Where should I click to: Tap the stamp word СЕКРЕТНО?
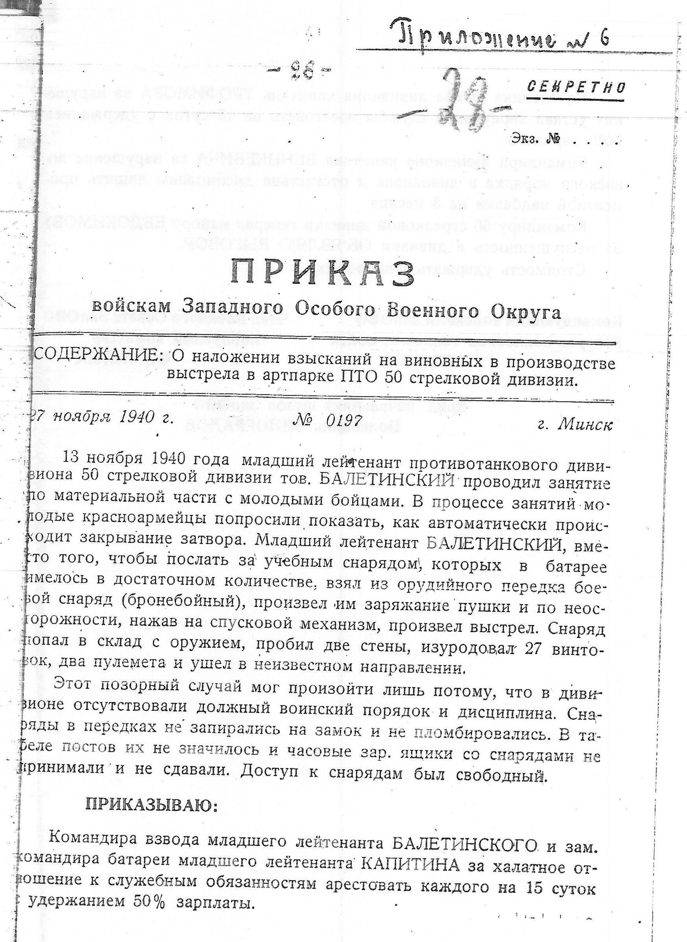(x=576, y=87)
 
